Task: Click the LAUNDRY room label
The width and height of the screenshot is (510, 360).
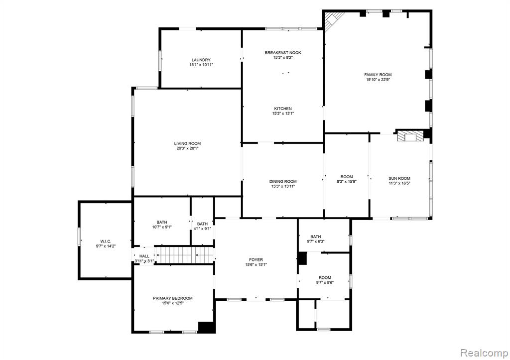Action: pos(201,60)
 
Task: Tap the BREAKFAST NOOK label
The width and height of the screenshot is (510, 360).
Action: pos(283,53)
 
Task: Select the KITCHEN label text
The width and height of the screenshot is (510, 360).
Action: pos(283,109)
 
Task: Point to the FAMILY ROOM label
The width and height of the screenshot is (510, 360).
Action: pos(378,75)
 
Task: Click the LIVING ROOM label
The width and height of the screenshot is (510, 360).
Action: pos(187,143)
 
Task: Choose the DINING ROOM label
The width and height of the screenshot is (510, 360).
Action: pos(283,181)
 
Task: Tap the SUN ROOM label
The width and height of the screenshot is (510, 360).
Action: pos(399,178)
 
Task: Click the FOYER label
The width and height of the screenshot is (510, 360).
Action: pos(256,259)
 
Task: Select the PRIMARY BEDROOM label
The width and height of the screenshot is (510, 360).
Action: pos(173,298)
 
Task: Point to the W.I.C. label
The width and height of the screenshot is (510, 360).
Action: pos(106,241)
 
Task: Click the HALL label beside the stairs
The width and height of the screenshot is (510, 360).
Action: pos(144,256)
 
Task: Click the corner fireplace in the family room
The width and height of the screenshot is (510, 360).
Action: pos(332,19)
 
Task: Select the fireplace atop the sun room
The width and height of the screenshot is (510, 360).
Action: pos(410,135)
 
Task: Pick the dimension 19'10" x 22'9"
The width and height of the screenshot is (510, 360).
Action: pos(378,80)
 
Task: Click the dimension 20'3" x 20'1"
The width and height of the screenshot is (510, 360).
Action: pos(187,148)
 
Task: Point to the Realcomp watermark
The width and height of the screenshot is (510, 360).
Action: pos(484,353)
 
